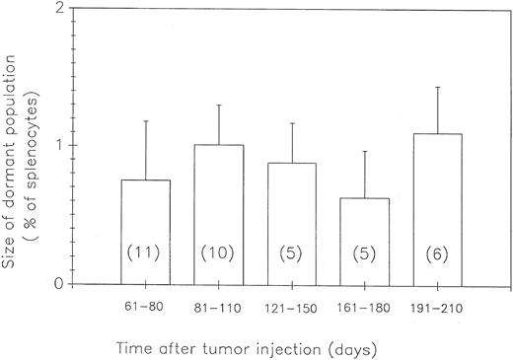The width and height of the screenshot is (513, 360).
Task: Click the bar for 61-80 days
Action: [146, 222]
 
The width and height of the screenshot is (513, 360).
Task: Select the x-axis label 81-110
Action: [219, 306]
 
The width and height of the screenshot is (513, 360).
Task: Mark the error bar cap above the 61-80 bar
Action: [146, 121]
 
